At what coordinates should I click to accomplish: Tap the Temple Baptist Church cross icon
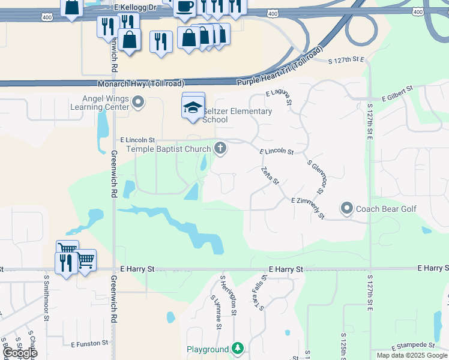pyautogui.click(x=220, y=147)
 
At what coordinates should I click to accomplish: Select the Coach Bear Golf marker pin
pyautogui.click(x=346, y=209)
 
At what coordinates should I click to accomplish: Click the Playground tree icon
pyautogui.click(x=238, y=348)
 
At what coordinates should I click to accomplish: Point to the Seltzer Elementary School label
pyautogui.click(x=237, y=115)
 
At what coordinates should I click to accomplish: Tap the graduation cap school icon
pyautogui.click(x=193, y=108)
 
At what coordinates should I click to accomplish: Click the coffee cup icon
pyautogui.click(x=185, y=7)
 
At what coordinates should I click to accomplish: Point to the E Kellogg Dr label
pyautogui.click(x=134, y=6)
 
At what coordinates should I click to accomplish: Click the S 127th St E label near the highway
pyautogui.click(x=348, y=60)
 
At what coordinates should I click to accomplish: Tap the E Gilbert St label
pyautogui.click(x=397, y=94)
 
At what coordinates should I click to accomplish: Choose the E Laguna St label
pyautogui.click(x=279, y=98)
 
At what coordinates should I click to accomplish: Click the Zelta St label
pyautogui.click(x=270, y=176)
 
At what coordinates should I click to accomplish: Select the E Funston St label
pyautogui.click(x=89, y=344)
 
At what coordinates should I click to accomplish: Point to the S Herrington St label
pyautogui.click(x=229, y=296)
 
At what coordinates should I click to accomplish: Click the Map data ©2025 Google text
pyautogui.click(x=412, y=355)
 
